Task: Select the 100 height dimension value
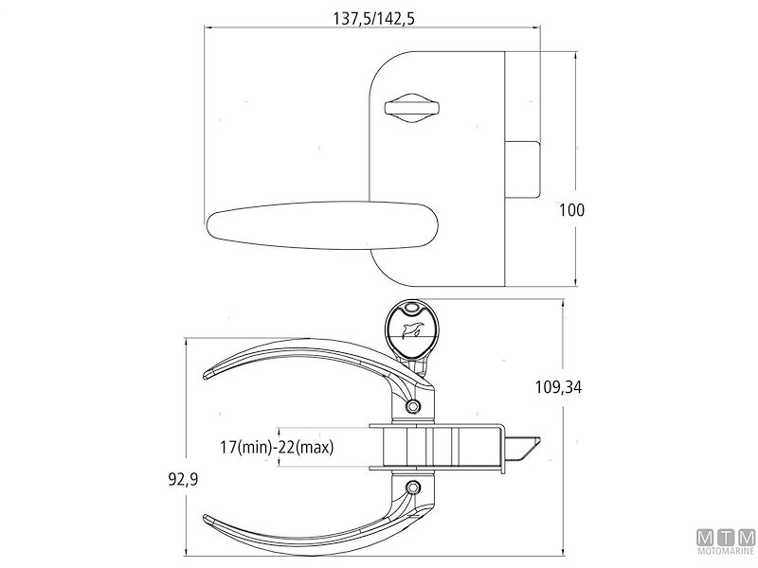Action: pos(572,210)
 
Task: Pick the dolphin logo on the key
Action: pos(414,331)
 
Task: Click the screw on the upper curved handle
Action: pos(411,406)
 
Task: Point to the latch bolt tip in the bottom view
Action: pos(526,446)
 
